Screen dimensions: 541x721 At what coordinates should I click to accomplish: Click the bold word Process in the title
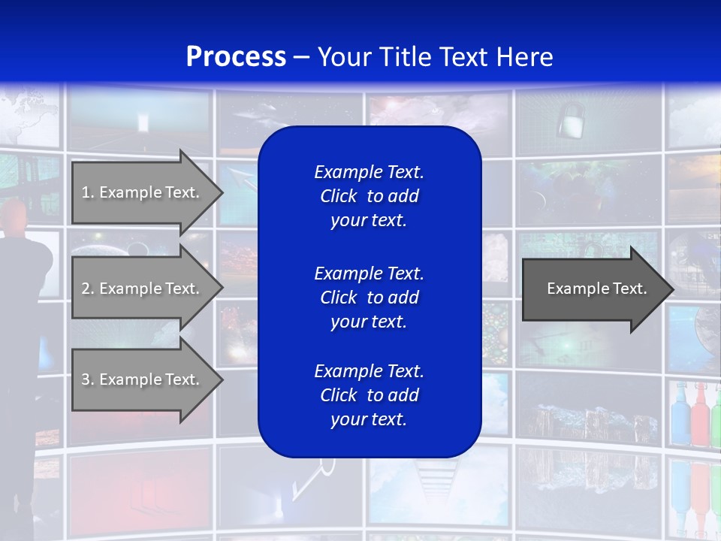click(x=236, y=57)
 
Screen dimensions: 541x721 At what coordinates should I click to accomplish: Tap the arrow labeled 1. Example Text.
click(x=143, y=192)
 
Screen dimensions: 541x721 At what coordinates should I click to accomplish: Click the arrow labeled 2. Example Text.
click(x=143, y=289)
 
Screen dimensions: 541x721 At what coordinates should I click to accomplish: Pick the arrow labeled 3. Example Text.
click(x=143, y=379)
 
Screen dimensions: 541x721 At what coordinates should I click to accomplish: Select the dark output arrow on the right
click(x=593, y=289)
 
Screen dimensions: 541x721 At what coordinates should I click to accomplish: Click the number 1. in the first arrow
click(x=88, y=192)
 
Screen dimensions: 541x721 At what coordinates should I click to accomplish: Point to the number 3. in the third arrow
click(x=88, y=379)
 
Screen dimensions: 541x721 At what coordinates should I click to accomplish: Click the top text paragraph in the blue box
click(x=369, y=196)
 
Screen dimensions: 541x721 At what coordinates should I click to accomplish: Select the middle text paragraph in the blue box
click(x=369, y=298)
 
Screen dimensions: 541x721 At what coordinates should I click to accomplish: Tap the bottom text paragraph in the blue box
click(x=369, y=395)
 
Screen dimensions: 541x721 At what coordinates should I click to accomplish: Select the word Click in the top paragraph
click(x=339, y=196)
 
